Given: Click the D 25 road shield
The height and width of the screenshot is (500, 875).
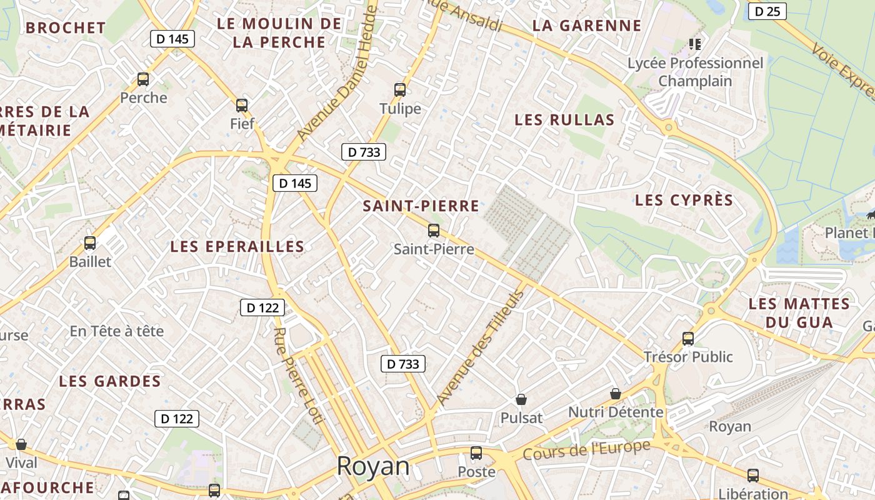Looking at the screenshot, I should pos(767,11).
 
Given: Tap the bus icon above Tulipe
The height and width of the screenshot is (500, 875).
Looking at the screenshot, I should pos(400,89).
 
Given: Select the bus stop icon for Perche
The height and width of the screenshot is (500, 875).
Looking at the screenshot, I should pos(143,79).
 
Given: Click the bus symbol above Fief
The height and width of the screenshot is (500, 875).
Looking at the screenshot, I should pos(242,105).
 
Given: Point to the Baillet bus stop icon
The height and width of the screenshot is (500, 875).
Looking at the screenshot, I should pos(90,243).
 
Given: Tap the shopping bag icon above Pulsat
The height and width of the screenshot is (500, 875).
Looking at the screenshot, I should pos(521,399).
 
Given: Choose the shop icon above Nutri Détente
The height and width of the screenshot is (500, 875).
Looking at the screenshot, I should pos(616,393).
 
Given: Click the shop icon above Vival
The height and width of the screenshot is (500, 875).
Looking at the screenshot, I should pos(21,444).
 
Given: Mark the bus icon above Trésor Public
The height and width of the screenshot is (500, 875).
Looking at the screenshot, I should pos(688,338).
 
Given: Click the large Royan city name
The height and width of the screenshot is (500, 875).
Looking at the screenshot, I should pos(373,466).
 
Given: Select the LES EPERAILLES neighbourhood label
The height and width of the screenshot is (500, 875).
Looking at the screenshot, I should pos(237,246).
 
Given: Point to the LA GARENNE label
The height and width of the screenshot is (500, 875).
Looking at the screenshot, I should pos(587,26).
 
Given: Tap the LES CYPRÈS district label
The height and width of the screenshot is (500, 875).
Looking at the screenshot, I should pos(684,200).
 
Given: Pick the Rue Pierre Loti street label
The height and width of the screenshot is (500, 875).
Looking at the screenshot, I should pos(299,375).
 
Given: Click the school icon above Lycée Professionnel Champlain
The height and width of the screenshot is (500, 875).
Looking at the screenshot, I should pos(694,44).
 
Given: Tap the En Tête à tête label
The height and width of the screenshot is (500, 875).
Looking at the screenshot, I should pos(117,331).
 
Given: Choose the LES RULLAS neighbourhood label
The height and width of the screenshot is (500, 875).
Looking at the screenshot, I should pos(564,120).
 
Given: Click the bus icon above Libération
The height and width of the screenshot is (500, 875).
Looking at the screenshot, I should pos(753,475).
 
